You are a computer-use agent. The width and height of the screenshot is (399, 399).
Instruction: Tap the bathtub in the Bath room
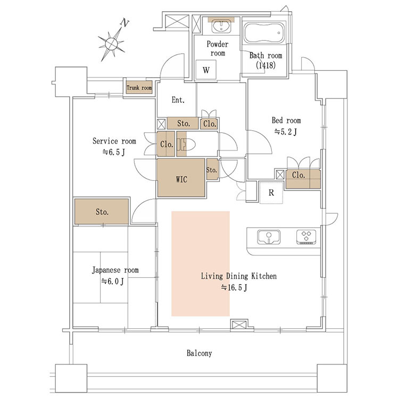[264, 32]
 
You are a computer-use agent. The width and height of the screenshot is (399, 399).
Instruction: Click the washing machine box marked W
[206, 70]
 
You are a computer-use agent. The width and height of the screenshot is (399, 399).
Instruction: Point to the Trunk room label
[139, 88]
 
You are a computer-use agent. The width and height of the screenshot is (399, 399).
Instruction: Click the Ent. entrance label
[178, 100]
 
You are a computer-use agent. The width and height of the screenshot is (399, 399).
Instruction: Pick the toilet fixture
[186, 145]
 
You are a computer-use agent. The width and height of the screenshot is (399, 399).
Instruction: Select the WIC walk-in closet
[181, 178]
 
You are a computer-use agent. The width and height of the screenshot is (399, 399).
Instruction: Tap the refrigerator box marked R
[271, 193]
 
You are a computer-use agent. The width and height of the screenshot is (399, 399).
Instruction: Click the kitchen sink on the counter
[269, 237]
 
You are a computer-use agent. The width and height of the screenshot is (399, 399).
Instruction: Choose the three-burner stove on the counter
[306, 237]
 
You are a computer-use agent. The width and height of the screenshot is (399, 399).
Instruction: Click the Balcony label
[199, 353]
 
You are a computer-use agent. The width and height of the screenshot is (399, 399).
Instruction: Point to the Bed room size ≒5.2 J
[286, 132]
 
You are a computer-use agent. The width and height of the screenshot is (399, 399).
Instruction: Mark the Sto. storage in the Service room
[102, 212]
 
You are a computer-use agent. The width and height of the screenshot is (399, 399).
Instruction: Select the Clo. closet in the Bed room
[303, 179]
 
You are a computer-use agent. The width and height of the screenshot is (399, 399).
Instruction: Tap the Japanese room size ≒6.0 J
[112, 281]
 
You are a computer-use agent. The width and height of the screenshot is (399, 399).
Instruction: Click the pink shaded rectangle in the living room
[201, 264]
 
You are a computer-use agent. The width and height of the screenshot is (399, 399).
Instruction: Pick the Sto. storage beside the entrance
[182, 123]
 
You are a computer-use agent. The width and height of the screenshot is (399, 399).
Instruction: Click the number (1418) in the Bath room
[265, 65]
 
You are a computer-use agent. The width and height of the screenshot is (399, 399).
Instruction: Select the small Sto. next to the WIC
[212, 169]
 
